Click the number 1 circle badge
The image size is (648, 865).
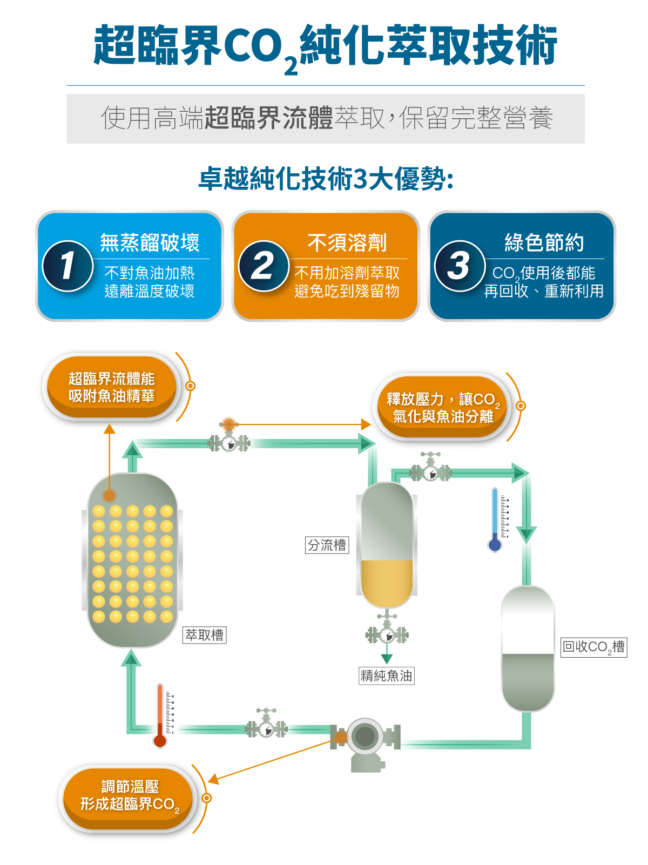(x=67, y=266)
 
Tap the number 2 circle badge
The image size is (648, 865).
(x=264, y=266)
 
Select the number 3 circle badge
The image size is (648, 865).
(x=460, y=266)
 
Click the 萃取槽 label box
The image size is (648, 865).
(x=205, y=635)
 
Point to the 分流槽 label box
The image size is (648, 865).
(x=327, y=545)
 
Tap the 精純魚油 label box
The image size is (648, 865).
(x=387, y=675)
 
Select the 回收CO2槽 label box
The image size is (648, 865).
(x=594, y=647)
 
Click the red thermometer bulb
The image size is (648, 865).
(x=160, y=740)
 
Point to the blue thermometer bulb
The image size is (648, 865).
(x=495, y=544)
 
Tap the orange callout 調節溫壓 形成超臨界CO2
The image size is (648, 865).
(x=128, y=796)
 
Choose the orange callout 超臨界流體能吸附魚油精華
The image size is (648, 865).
(x=112, y=387)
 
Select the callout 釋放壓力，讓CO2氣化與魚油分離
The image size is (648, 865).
(x=442, y=407)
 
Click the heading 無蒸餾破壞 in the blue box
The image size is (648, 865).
(x=150, y=243)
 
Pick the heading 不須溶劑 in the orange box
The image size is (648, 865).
(x=347, y=243)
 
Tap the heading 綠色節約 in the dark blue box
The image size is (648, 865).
(x=544, y=243)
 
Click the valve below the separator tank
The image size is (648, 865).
(x=387, y=633)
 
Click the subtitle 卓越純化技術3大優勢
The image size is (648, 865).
(x=326, y=179)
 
